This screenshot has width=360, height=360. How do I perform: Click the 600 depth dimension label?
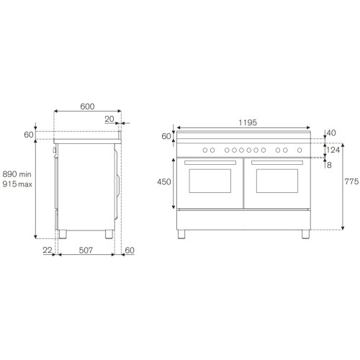click(x=87, y=106)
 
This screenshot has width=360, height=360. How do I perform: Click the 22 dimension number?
click(x=48, y=251)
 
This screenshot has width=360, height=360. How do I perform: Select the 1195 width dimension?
click(x=246, y=122)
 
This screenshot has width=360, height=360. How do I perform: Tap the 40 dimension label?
click(x=330, y=132)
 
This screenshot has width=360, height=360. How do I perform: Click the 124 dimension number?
click(x=333, y=150)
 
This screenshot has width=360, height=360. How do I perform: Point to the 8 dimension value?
click(x=328, y=165)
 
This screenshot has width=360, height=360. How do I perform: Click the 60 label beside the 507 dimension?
click(x=130, y=251)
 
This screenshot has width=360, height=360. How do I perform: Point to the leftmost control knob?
click(x=204, y=150)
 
